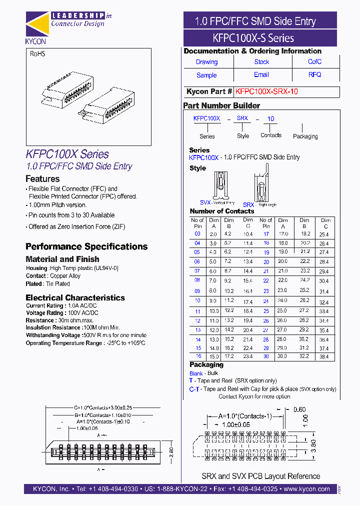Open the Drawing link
[206, 62]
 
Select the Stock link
[261, 62]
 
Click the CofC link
[314, 62]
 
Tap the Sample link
[206, 75]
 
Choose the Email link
[261, 74]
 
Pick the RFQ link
[314, 74]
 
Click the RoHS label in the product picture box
[37, 54]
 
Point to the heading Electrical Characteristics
[75, 297]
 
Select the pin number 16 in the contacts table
[198, 356]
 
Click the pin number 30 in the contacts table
[266, 356]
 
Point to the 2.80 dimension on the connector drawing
[170, 449]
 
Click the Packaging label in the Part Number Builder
[305, 136]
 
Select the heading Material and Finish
[62, 259]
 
